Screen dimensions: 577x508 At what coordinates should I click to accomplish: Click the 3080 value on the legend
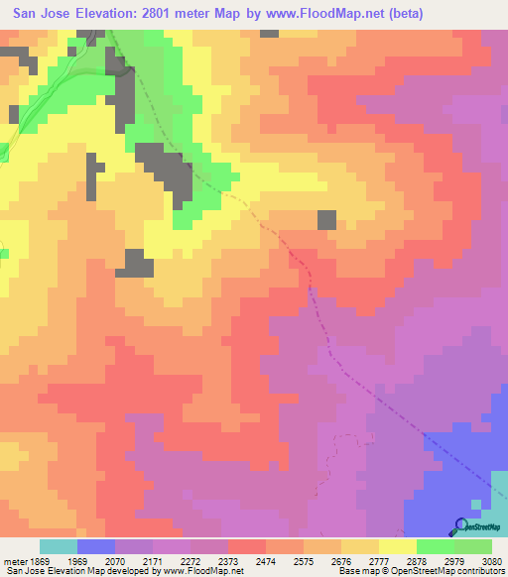(493, 561)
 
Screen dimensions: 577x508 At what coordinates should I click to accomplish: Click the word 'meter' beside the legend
(13, 561)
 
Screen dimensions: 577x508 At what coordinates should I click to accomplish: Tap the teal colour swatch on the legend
(59, 546)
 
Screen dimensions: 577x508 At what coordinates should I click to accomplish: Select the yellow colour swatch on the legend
(398, 546)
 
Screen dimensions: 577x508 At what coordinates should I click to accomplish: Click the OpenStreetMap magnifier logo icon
(461, 526)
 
